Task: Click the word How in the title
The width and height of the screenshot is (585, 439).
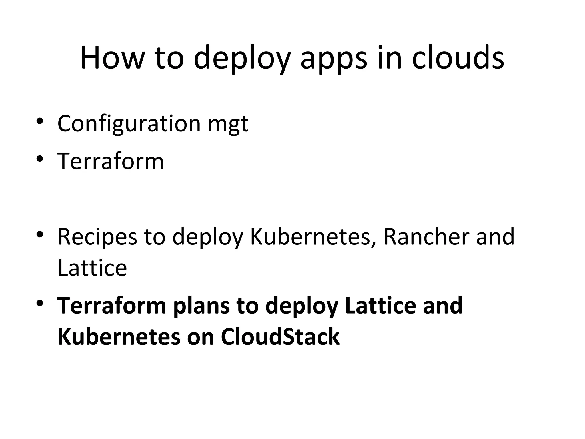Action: pos(111,58)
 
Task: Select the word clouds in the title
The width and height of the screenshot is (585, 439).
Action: pos(458,58)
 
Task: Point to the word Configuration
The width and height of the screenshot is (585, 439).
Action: pos(129,124)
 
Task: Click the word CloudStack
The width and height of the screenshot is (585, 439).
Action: pos(280,336)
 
